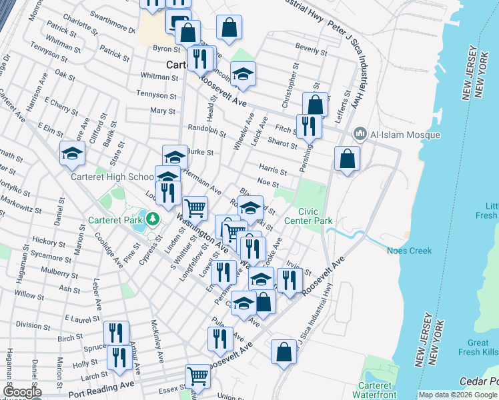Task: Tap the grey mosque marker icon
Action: (x=361, y=135)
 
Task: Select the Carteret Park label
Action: (x=117, y=219)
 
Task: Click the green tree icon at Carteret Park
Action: (x=153, y=218)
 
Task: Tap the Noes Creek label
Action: (x=409, y=251)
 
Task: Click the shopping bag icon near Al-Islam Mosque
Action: (x=347, y=159)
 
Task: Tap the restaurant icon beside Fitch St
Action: (x=309, y=125)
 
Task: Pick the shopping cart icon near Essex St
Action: (x=197, y=376)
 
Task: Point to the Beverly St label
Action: (x=311, y=50)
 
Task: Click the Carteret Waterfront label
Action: (x=376, y=390)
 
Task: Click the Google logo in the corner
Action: (x=22, y=393)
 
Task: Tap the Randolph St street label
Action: (x=207, y=131)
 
